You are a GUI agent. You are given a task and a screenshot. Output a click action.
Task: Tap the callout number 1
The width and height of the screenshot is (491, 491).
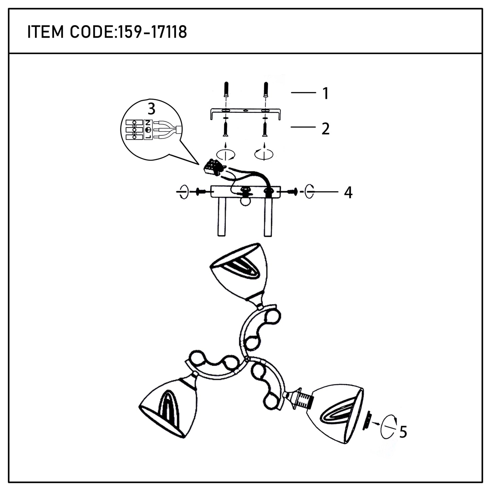(x=326, y=93)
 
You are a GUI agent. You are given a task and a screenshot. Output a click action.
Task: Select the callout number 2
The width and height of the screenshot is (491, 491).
(x=326, y=129)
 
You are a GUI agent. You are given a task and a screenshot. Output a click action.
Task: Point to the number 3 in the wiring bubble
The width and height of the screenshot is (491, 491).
(x=152, y=109)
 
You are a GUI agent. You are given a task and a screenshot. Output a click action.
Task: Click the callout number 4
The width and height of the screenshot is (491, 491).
(x=348, y=193)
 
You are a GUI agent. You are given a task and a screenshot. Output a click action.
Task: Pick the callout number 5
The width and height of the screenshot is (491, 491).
(x=403, y=432)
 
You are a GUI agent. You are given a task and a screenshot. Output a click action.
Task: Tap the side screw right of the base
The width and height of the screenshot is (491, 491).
(x=292, y=192)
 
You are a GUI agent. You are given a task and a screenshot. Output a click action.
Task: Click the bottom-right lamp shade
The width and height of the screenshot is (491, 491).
(x=336, y=413)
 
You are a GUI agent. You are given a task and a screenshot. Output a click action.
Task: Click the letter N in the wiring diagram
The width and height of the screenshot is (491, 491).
(x=148, y=123)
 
